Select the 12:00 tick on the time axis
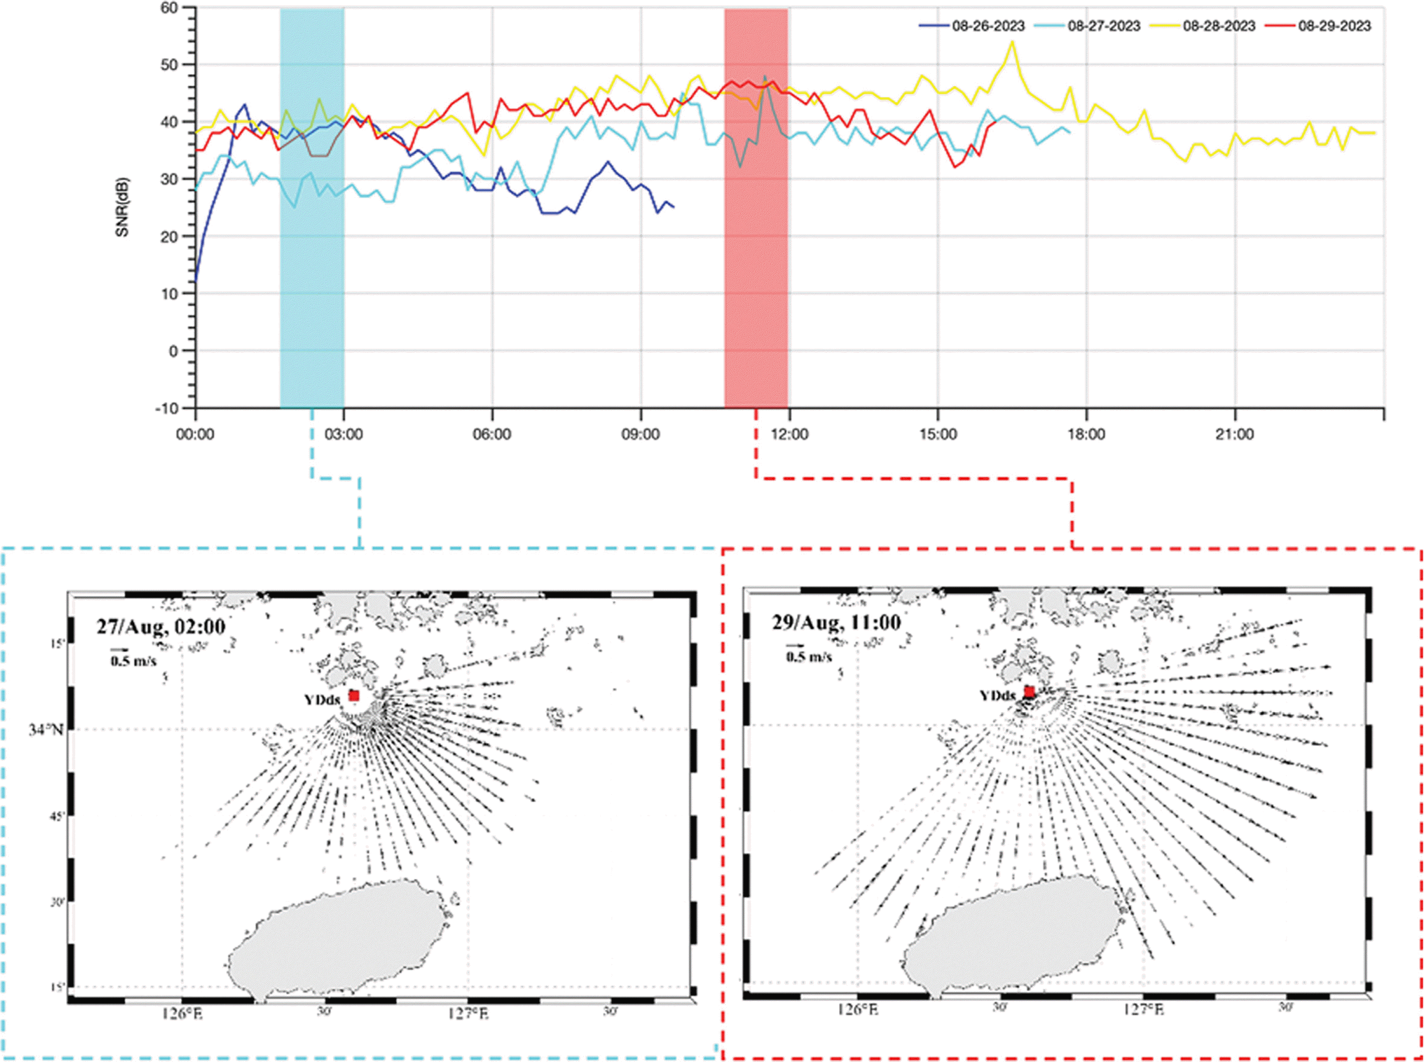coord(789,435)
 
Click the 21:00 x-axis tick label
coord(1235,435)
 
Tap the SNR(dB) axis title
coord(122,207)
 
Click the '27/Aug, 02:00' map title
coord(161,626)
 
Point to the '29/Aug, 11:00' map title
coord(836,622)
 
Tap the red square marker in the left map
coord(354,696)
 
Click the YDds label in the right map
coord(997,695)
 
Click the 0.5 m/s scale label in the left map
coord(133,661)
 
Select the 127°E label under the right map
coord(1143,1010)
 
